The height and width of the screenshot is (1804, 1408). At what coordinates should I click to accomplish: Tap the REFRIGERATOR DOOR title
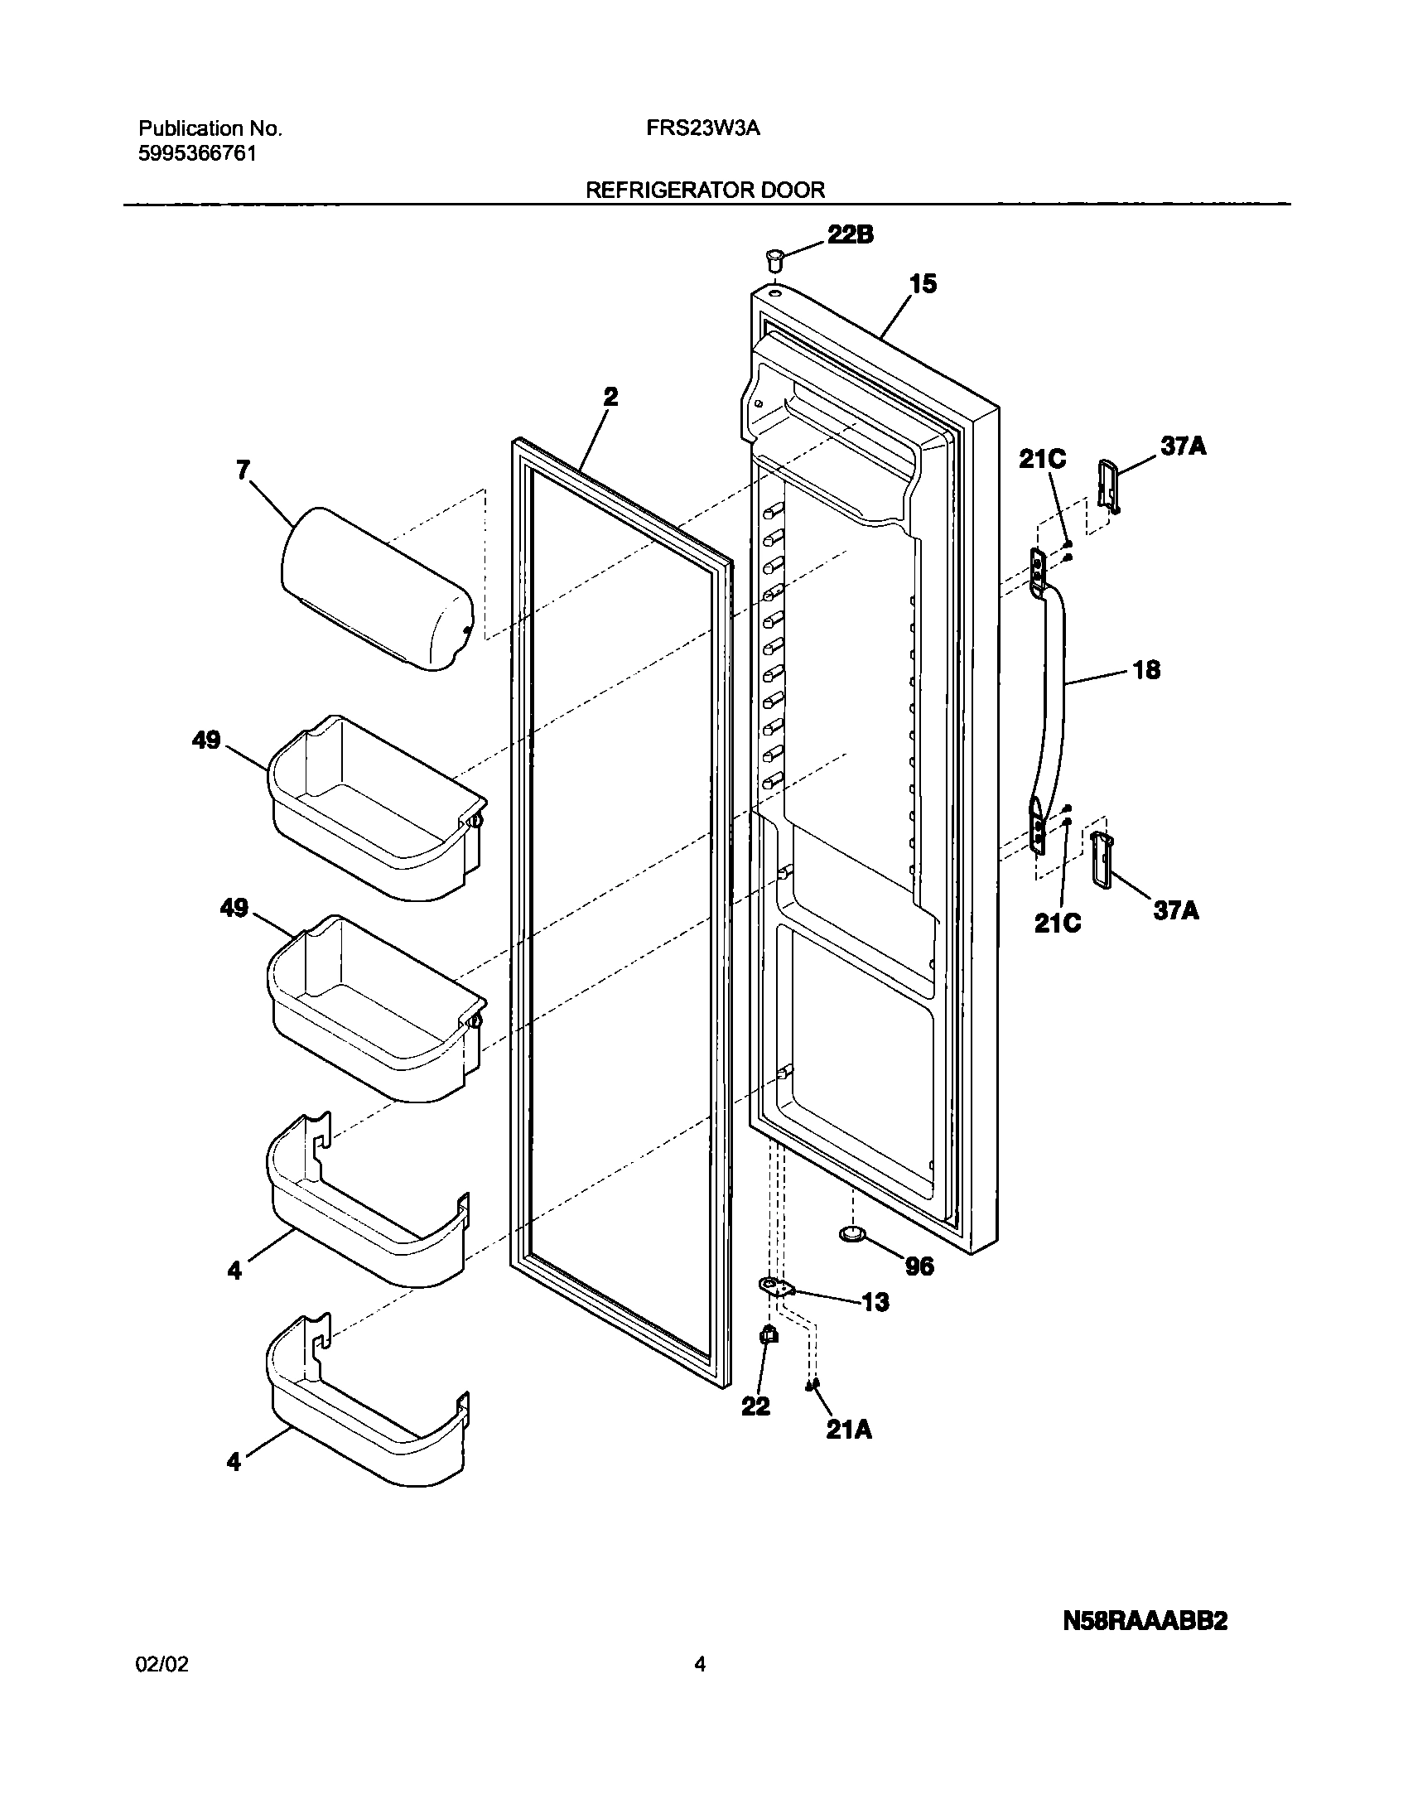pos(706,190)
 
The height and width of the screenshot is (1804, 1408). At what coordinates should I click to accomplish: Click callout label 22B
pos(851,234)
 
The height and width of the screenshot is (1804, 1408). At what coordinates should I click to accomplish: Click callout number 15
pos(923,283)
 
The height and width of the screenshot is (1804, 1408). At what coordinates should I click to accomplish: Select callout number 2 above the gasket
pos(610,396)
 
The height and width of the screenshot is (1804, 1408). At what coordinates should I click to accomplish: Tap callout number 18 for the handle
pos(1146,669)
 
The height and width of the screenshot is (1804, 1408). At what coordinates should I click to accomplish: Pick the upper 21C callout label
pos(1042,459)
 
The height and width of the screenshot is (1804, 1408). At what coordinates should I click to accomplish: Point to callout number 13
pos(875,1302)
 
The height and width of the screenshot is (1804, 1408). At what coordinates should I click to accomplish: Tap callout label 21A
pos(849,1430)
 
